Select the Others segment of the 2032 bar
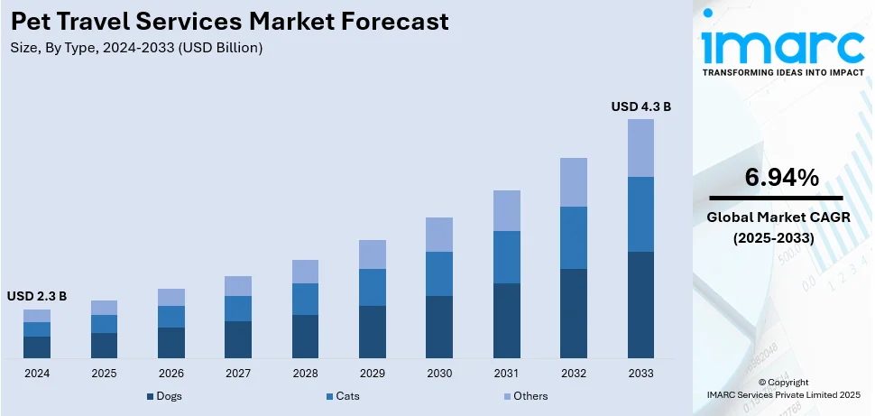coord(574,182)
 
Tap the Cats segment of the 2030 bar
coord(439,273)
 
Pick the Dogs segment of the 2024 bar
coord(37,347)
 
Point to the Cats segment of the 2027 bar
coord(238,309)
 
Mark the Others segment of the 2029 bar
coord(373,254)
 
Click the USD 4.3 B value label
coord(640,106)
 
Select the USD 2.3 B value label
coord(37,296)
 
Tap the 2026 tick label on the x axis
coord(171,373)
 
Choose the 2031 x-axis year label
coord(506,373)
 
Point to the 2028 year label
coord(305,373)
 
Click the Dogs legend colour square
coord(150,396)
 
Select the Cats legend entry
coord(343,396)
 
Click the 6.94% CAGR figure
coord(781,178)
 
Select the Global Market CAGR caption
coord(778,217)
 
